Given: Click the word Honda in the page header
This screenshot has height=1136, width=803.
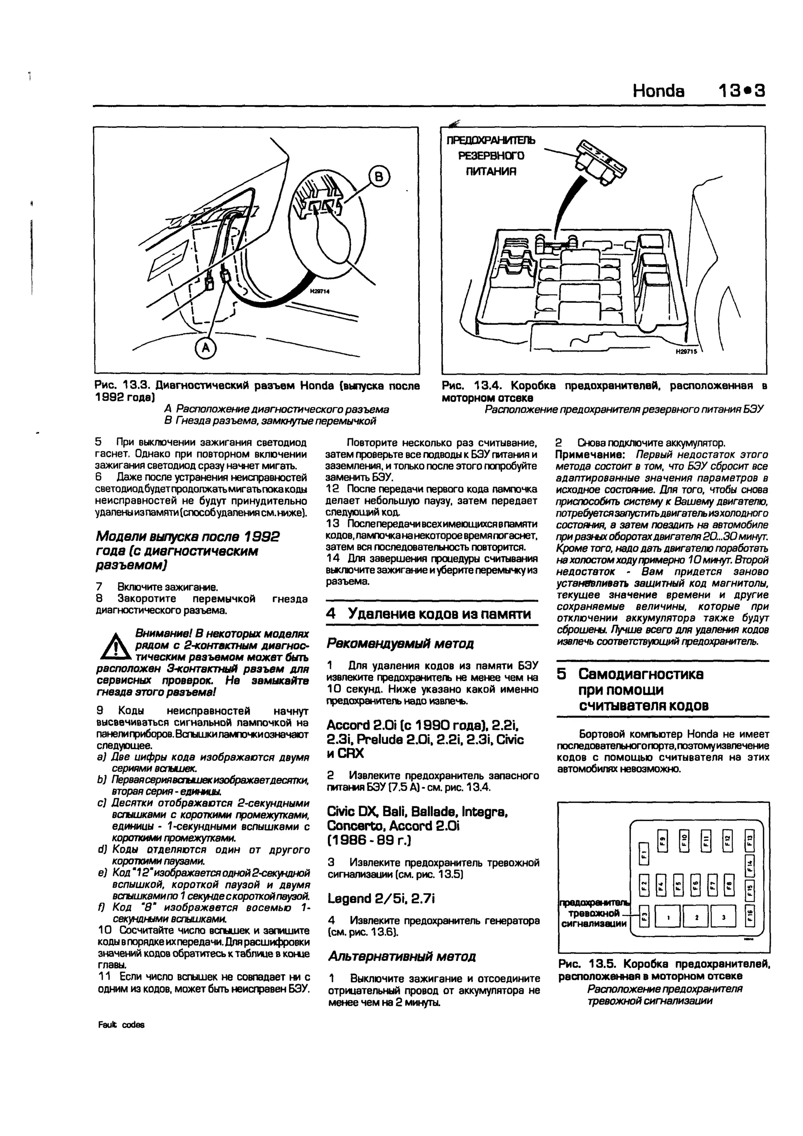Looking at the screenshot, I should click(x=659, y=91).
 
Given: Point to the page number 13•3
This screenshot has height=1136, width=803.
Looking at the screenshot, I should click(x=742, y=91).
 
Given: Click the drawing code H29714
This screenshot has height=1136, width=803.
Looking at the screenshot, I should click(x=320, y=292).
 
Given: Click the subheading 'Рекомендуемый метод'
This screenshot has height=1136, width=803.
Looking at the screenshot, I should click(x=400, y=644).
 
